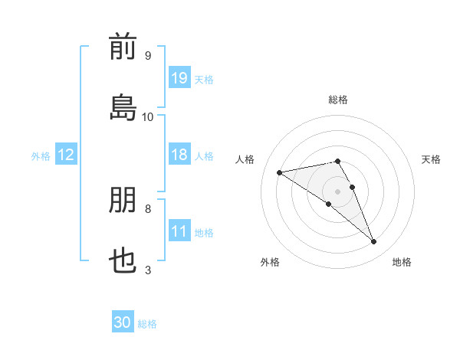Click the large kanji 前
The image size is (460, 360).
coord(123,46)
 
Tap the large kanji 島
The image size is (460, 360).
coord(123,107)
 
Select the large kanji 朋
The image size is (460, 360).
coord(123,199)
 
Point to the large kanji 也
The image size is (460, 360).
coord(123,260)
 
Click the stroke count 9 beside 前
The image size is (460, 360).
coord(148,55)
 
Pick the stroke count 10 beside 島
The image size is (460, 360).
coord(147,117)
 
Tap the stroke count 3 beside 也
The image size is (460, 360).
coord(148,270)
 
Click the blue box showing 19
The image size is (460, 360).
coord(179,77)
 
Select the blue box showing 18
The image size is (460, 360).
coord(179,154)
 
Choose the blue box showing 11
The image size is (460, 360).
coord(179,230)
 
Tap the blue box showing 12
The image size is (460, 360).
coord(66,154)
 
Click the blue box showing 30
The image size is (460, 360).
coord(123,321)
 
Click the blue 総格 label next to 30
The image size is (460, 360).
coord(147,324)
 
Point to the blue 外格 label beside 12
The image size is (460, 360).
coord(41,156)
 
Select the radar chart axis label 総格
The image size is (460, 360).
coord(338,100)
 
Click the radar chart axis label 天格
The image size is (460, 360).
coord(431,159)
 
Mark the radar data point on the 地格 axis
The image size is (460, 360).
coord(374,241)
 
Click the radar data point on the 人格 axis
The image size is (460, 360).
coord(279,172)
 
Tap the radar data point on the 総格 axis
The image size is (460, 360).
coord(337,161)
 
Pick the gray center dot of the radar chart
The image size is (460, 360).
coord(337,191)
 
